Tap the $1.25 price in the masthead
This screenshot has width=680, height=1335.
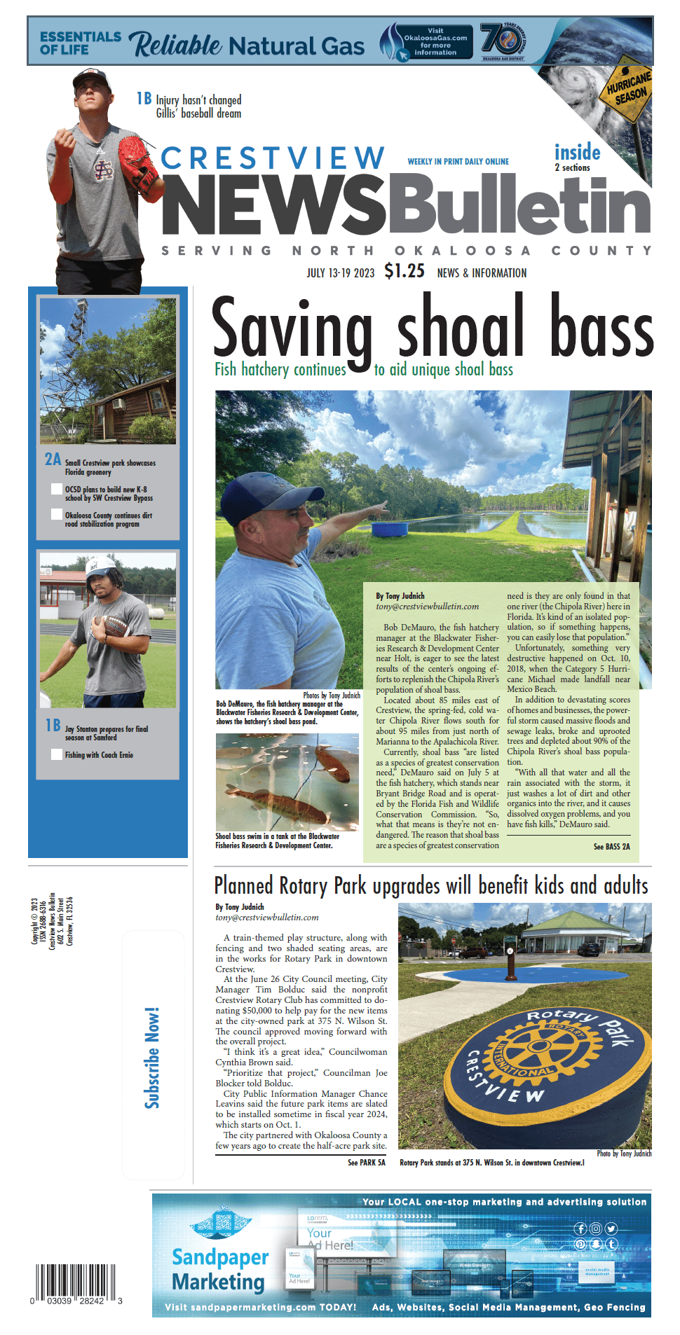coord(404,271)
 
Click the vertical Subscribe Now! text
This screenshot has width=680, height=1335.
coord(152,1058)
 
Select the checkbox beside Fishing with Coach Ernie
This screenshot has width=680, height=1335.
coord(57,754)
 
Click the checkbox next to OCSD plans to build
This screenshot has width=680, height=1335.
coord(57,489)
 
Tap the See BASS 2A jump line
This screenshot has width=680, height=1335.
coord(611,847)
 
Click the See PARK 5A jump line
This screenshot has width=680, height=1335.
coord(366,1163)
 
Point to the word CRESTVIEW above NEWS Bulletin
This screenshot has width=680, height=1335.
coord(273,158)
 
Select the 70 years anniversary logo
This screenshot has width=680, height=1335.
coord(502,40)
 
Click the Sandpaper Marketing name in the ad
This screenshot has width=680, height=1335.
coord(219,1270)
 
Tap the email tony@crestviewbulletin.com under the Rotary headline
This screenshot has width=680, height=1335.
coord(266,917)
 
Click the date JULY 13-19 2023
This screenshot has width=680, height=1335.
coord(340,272)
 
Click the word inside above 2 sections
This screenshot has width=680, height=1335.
coord(577,152)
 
